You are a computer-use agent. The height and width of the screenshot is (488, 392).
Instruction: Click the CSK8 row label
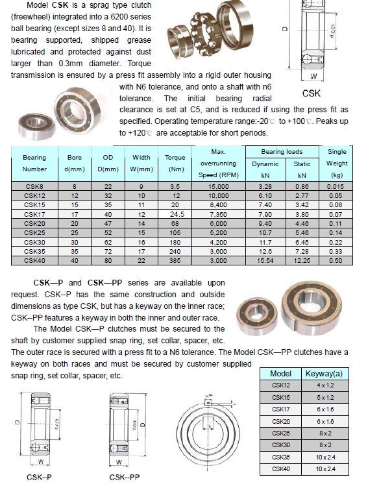pos(34,186)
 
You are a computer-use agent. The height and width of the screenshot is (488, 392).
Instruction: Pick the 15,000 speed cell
pos(218,186)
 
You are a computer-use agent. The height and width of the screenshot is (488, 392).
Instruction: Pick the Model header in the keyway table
pos(280,374)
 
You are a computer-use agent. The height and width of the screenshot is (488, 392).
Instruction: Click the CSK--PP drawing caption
pos(125,478)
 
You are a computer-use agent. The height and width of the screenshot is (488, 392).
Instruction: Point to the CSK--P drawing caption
pos(40,478)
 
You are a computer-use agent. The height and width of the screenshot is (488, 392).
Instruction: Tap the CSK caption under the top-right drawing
pos(312,93)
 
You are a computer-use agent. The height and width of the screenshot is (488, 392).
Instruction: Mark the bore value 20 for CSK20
pos(74,223)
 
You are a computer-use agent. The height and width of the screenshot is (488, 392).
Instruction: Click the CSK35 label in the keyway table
pos(280,457)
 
